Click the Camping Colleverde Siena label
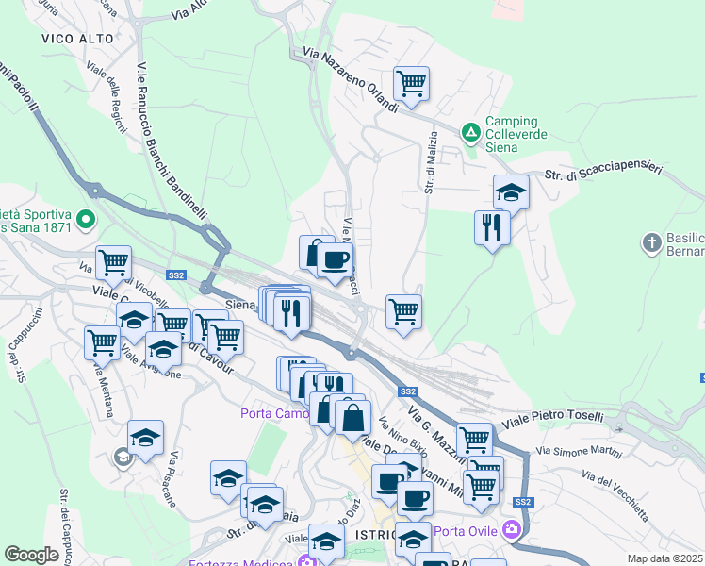tap(512, 133)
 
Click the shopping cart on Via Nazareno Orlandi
tap(412, 84)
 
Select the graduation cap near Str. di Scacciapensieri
tap(511, 192)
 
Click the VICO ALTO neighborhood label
tap(78, 39)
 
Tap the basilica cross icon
tap(651, 243)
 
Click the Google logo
tap(31, 555)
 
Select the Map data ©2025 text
tap(665, 558)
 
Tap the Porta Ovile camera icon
tap(512, 527)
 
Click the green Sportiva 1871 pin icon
tap(87, 221)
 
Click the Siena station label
tap(242, 305)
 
